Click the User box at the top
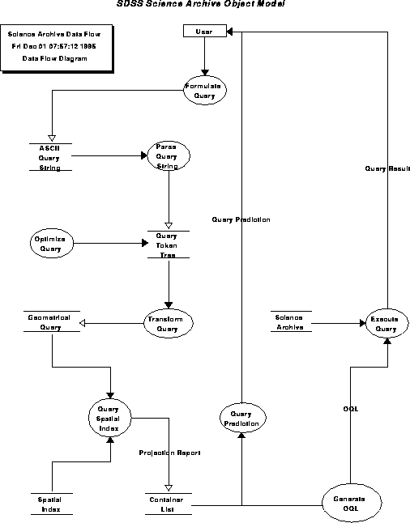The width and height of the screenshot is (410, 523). pos(204,31)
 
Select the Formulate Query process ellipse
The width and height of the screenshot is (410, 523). pos(204,90)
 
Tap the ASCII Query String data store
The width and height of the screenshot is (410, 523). pos(50,157)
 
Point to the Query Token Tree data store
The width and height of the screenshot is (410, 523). pos(168,244)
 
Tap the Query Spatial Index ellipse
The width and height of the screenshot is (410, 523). pos(109,417)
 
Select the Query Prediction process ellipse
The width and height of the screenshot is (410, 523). pos(241,418)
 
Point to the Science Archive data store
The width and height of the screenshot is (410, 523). pos(289,322)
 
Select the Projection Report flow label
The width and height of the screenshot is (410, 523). pos(169,453)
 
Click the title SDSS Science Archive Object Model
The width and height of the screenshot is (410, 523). pos(201,5)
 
